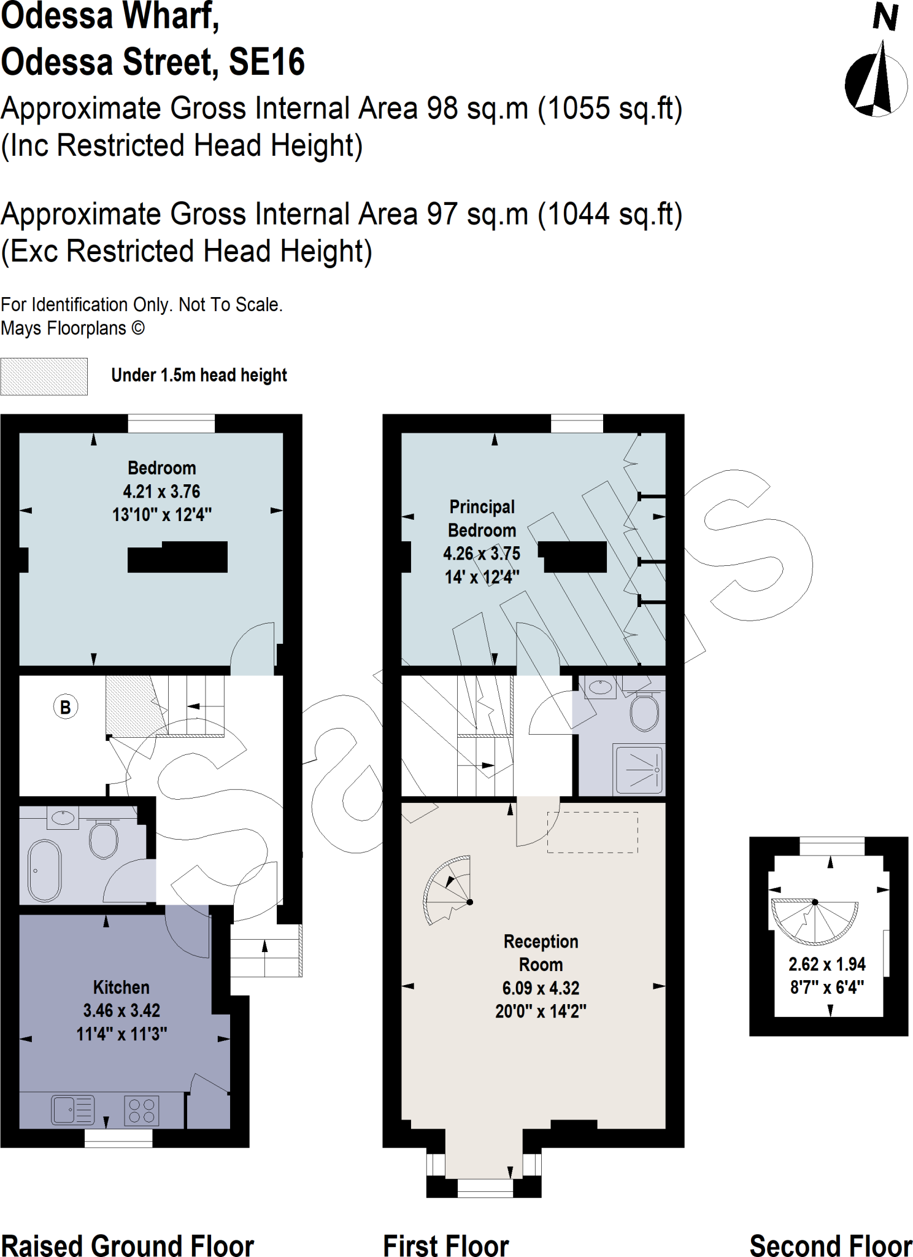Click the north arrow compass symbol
coord(877,79)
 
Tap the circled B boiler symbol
coord(66,706)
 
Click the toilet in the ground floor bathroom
coord(103,838)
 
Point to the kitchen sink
coord(73,1110)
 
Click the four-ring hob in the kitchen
coord(142,1110)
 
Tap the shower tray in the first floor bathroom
coord(639,770)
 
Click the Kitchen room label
coord(121,987)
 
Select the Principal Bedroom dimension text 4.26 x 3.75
coord(482,554)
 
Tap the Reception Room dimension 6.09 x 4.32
coord(541,988)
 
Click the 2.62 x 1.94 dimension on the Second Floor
coord(827,964)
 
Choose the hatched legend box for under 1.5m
coord(44,376)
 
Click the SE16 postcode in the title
coord(267,62)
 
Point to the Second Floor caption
coord(831,1245)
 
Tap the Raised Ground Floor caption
coord(128,1245)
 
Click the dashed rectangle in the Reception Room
coord(593,832)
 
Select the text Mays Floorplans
coord(64,328)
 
